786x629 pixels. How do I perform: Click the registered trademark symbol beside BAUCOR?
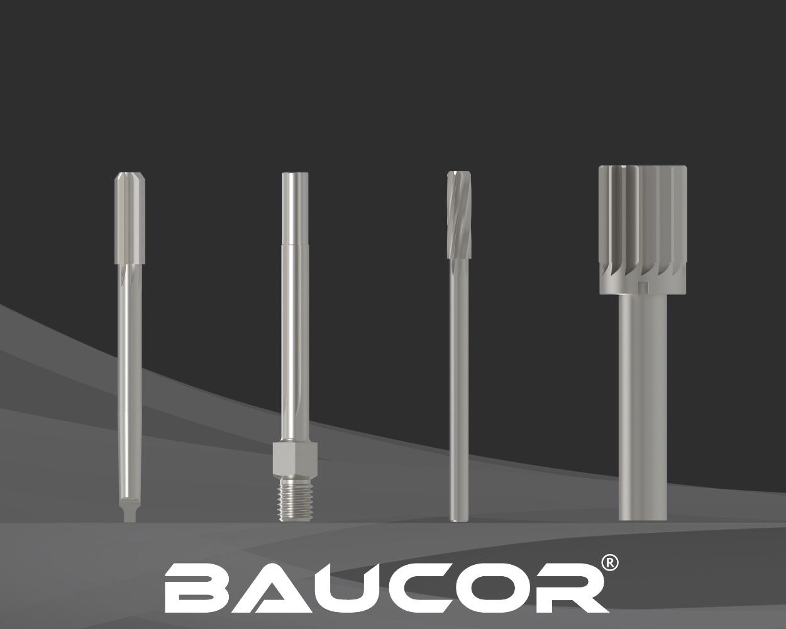click(609, 563)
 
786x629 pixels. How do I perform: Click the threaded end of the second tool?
click(295, 499)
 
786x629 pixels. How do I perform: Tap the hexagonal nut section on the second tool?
click(295, 457)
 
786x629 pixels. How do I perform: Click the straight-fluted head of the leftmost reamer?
click(130, 218)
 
